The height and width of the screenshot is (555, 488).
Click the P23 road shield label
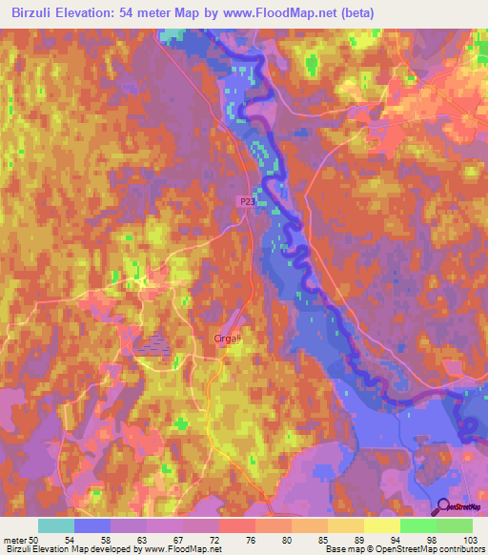(x=247, y=201)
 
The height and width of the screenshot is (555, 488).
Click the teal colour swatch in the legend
(x=56, y=525)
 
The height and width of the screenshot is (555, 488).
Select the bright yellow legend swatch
(x=381, y=525)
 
